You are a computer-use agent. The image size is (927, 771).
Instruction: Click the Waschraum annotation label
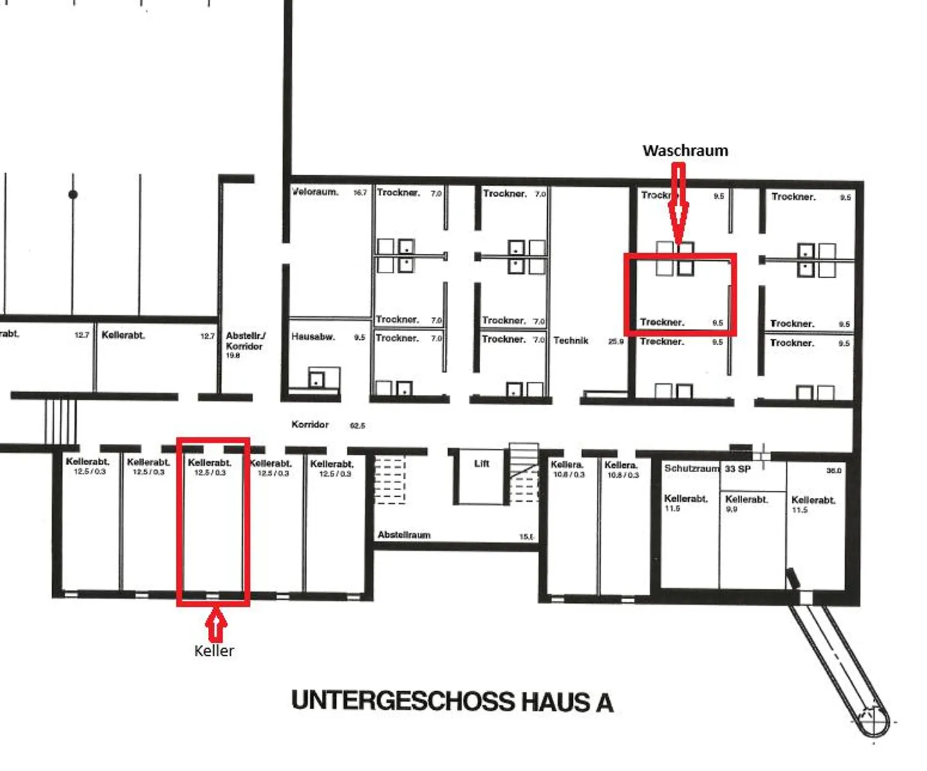(685, 151)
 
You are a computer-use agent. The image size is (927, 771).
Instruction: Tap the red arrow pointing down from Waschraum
(679, 206)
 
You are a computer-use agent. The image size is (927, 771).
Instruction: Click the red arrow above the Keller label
(215, 624)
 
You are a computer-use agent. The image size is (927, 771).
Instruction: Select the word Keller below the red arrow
(214, 651)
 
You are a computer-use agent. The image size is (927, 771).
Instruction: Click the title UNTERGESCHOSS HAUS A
(452, 701)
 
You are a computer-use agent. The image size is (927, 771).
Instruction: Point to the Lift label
(482, 464)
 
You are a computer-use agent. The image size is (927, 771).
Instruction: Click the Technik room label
(571, 341)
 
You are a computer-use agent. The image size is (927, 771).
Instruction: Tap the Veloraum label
(315, 192)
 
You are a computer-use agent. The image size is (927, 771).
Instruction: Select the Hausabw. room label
(313, 337)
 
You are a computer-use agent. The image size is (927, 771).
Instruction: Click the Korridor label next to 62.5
(310, 424)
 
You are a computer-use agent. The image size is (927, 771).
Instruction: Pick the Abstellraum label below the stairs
(404, 535)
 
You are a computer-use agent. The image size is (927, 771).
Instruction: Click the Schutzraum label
(691, 468)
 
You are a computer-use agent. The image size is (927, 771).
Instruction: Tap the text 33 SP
(738, 469)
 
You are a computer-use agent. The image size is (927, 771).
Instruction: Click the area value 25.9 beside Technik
(616, 341)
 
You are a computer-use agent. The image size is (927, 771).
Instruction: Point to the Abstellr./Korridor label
(245, 341)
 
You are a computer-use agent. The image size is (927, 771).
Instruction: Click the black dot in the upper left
(73, 195)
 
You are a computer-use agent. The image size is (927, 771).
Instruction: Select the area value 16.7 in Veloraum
(360, 193)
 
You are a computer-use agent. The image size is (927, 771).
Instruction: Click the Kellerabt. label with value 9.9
(747, 499)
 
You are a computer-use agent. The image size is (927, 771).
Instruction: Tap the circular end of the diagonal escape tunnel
(873, 721)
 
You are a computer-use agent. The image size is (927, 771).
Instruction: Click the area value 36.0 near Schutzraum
(834, 471)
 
